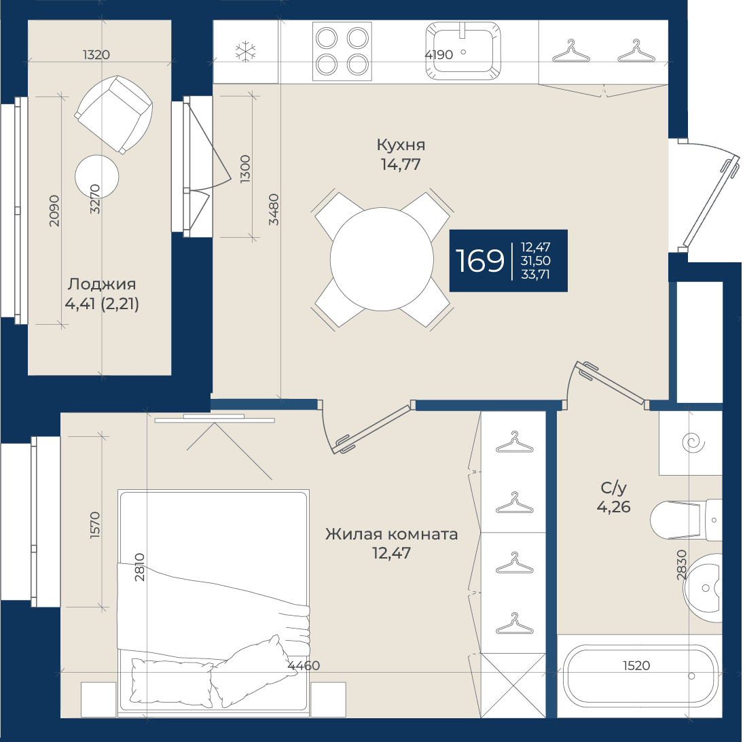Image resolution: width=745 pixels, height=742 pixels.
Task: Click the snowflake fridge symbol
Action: point(246,52)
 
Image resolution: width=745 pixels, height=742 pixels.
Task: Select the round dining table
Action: point(382,260)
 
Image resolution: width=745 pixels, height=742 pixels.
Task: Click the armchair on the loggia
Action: point(113,115)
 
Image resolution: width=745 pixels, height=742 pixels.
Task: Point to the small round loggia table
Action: point(97,177)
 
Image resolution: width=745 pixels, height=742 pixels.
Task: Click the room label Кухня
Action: point(401,145)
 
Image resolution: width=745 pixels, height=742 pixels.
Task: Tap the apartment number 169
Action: point(480,260)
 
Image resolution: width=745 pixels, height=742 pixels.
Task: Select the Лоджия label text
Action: point(102,284)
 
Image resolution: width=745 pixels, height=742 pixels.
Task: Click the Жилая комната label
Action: point(391,534)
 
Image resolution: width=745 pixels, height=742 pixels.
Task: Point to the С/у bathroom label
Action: point(614,488)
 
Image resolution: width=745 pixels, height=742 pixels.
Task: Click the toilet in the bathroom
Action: point(686,520)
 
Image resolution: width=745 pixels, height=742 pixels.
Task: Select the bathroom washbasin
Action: point(703,588)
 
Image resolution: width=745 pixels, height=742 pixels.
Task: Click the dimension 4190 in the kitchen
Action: point(439,54)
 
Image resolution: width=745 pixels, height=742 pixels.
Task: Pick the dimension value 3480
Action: point(274,209)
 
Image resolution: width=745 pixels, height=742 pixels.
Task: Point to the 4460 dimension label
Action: point(304,665)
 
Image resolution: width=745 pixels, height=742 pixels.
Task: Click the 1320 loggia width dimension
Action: point(96,54)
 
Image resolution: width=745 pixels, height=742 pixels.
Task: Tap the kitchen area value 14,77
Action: point(401,164)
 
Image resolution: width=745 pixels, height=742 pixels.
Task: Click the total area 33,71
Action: point(535,275)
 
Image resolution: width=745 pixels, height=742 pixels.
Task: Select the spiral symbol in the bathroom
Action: point(692,443)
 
